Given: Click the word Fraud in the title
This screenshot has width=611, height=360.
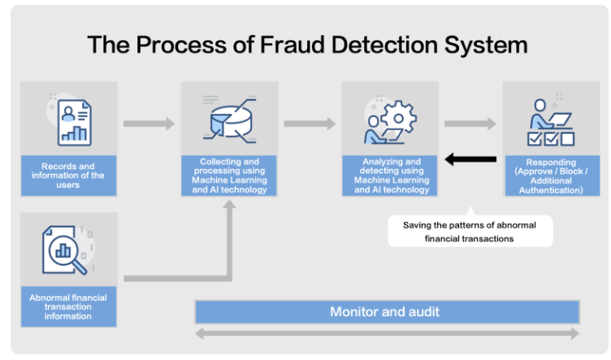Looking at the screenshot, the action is (292, 45).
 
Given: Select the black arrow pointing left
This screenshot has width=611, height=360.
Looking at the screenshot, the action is (470, 159).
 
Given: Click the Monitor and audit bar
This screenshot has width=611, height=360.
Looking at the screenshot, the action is (387, 312).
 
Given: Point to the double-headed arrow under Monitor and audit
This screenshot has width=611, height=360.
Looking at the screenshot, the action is (387, 333).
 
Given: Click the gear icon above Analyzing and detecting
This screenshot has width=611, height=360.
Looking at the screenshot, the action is (399, 117).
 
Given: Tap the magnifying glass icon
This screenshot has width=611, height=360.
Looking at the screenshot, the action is (67, 254).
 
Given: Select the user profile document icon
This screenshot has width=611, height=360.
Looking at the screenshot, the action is (75, 123).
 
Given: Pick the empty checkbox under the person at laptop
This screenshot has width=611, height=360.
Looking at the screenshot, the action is (567, 139).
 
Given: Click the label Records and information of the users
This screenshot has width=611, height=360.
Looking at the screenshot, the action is (68, 176).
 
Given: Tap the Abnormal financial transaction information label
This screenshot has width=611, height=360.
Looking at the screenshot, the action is (68, 306).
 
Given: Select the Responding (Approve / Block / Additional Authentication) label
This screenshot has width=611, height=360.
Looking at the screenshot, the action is (552, 176).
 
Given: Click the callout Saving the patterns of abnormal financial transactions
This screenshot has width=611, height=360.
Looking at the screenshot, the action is (470, 232).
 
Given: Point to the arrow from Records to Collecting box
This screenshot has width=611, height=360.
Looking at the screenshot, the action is (149, 124).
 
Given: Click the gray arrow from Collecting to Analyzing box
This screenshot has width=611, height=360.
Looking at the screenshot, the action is (310, 124).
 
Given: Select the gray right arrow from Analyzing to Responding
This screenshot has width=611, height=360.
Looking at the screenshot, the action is (470, 124).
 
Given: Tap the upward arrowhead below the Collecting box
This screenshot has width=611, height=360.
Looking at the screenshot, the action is (229, 205).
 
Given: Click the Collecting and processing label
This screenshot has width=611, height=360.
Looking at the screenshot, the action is (229, 176).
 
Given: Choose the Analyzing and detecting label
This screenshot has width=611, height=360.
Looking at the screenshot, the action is (391, 176).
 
